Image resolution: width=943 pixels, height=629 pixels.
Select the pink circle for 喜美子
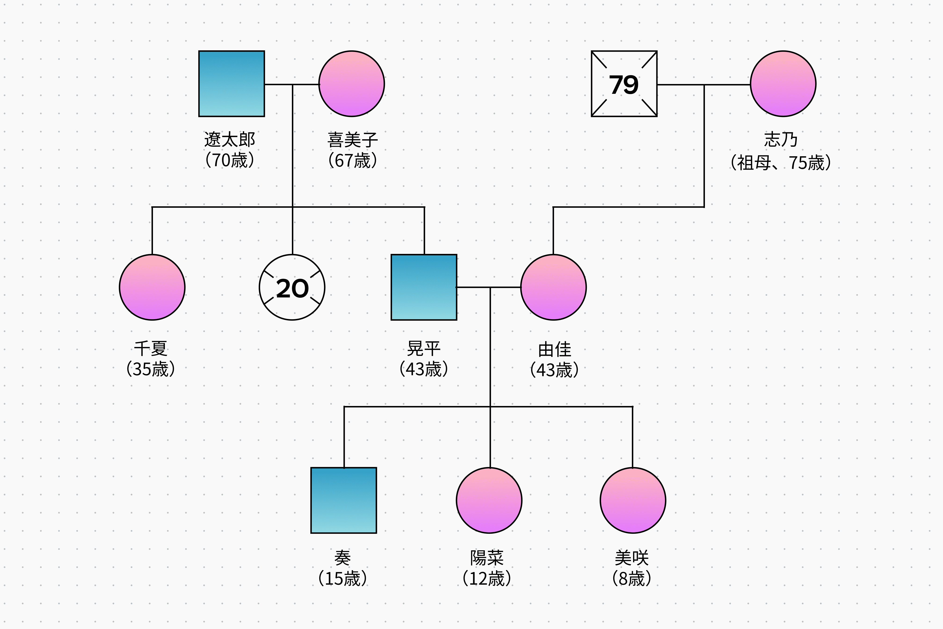click(352, 84)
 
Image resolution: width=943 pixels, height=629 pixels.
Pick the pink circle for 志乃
click(783, 84)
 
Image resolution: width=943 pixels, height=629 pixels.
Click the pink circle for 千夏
click(152, 287)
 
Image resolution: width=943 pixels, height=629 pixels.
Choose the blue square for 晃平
click(424, 287)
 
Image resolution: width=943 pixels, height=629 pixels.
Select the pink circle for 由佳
click(553, 287)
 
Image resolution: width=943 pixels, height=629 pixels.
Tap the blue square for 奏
click(344, 500)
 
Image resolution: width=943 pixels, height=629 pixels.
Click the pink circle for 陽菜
click(489, 500)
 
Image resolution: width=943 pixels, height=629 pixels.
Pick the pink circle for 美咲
click(633, 500)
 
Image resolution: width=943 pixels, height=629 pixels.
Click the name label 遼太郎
click(230, 140)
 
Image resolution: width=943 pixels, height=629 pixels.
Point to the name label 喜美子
click(352, 140)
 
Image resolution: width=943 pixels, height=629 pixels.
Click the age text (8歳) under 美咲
click(631, 578)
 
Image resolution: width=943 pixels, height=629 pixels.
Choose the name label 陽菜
click(487, 558)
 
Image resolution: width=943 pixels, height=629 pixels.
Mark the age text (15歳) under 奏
click(342, 578)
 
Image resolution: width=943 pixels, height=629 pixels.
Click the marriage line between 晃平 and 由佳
click(473, 287)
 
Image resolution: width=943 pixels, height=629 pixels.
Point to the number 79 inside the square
click(624, 85)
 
